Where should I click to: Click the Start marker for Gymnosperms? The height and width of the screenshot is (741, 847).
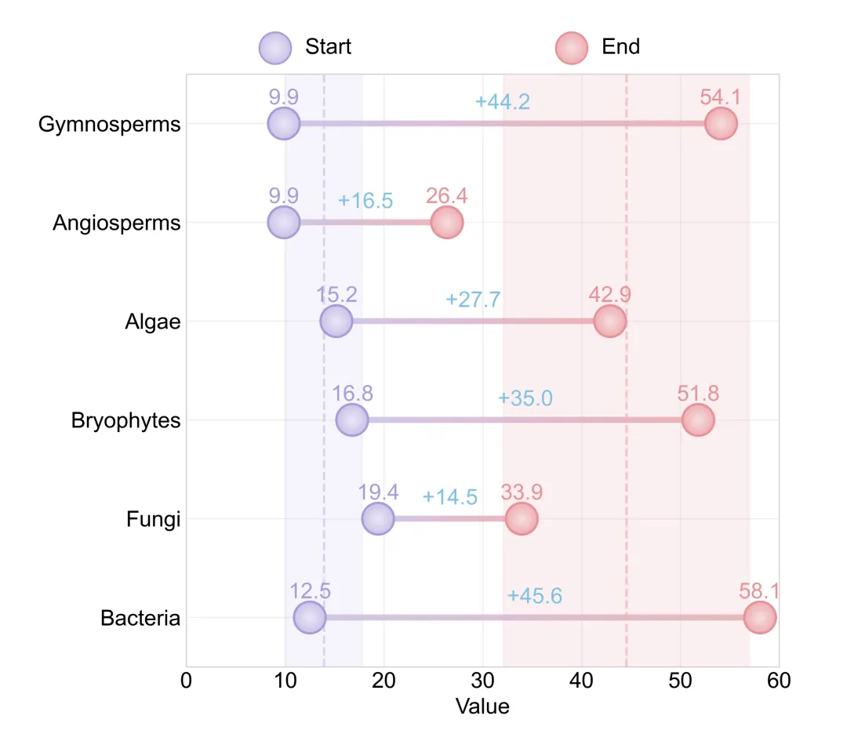[x=284, y=124]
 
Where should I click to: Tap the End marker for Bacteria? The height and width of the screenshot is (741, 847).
[x=759, y=618]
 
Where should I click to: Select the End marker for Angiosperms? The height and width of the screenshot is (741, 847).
[x=447, y=223]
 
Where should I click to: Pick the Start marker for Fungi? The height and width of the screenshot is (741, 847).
[x=378, y=519]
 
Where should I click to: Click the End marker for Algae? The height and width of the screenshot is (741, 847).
[x=609, y=321]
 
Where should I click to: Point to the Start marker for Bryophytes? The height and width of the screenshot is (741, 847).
[x=352, y=420]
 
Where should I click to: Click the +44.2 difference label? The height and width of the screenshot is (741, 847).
[x=503, y=102]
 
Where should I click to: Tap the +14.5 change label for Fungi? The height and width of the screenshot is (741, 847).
[x=449, y=497]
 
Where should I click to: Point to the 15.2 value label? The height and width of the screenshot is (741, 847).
[x=336, y=295]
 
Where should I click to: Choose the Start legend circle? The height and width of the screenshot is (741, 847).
[x=275, y=47]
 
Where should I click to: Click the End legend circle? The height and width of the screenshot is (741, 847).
[x=572, y=47]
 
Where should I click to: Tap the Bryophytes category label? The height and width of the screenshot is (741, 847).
[x=125, y=421]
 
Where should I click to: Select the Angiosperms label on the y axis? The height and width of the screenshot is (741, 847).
[x=116, y=223]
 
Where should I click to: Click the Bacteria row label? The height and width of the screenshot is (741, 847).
[x=140, y=619]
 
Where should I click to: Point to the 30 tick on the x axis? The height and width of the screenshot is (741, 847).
[x=482, y=681]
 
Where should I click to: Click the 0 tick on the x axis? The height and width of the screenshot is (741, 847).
[x=187, y=681]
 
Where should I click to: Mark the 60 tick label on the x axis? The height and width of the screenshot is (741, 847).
[x=778, y=681]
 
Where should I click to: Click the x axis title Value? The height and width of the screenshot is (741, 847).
[x=482, y=706]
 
